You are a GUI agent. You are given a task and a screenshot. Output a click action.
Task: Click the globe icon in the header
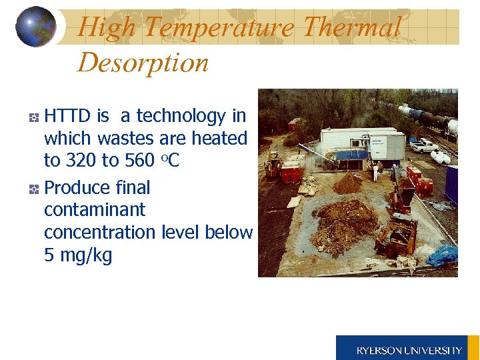(35, 27)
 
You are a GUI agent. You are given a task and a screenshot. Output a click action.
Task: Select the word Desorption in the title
(143, 63)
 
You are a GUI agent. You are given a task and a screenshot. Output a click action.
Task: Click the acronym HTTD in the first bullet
(67, 116)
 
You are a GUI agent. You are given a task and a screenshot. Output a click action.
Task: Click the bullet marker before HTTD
(34, 117)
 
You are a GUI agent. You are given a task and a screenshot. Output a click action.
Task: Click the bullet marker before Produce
(34, 189)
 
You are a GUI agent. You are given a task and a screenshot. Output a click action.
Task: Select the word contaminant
(95, 210)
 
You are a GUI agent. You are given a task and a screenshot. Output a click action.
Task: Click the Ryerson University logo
(407, 348)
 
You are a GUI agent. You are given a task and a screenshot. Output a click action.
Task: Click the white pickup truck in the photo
(423, 145)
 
